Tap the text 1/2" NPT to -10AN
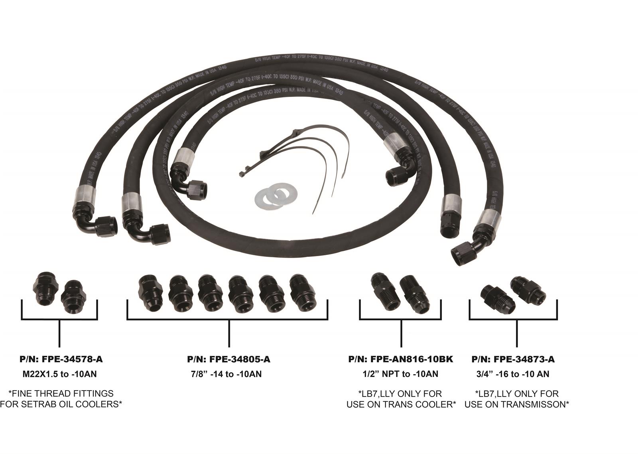[401, 374]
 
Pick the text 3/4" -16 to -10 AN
[512, 374]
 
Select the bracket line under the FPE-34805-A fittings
[227, 319]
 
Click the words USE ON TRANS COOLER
[401, 404]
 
